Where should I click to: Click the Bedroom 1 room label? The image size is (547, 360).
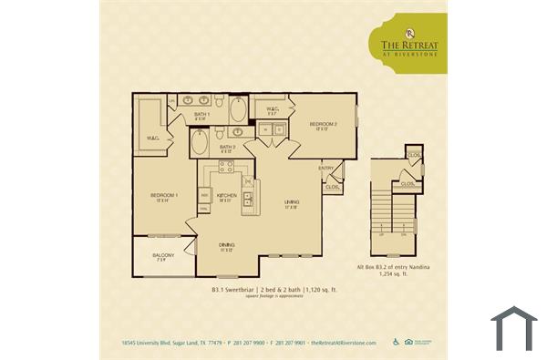pos(164,196)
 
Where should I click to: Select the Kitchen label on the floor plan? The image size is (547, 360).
pos(227,196)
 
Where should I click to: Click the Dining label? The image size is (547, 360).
pos(227,245)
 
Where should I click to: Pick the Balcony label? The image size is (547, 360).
pos(163,255)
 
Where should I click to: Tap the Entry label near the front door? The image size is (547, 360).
pos(325,169)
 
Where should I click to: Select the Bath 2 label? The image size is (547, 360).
pos(228,147)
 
